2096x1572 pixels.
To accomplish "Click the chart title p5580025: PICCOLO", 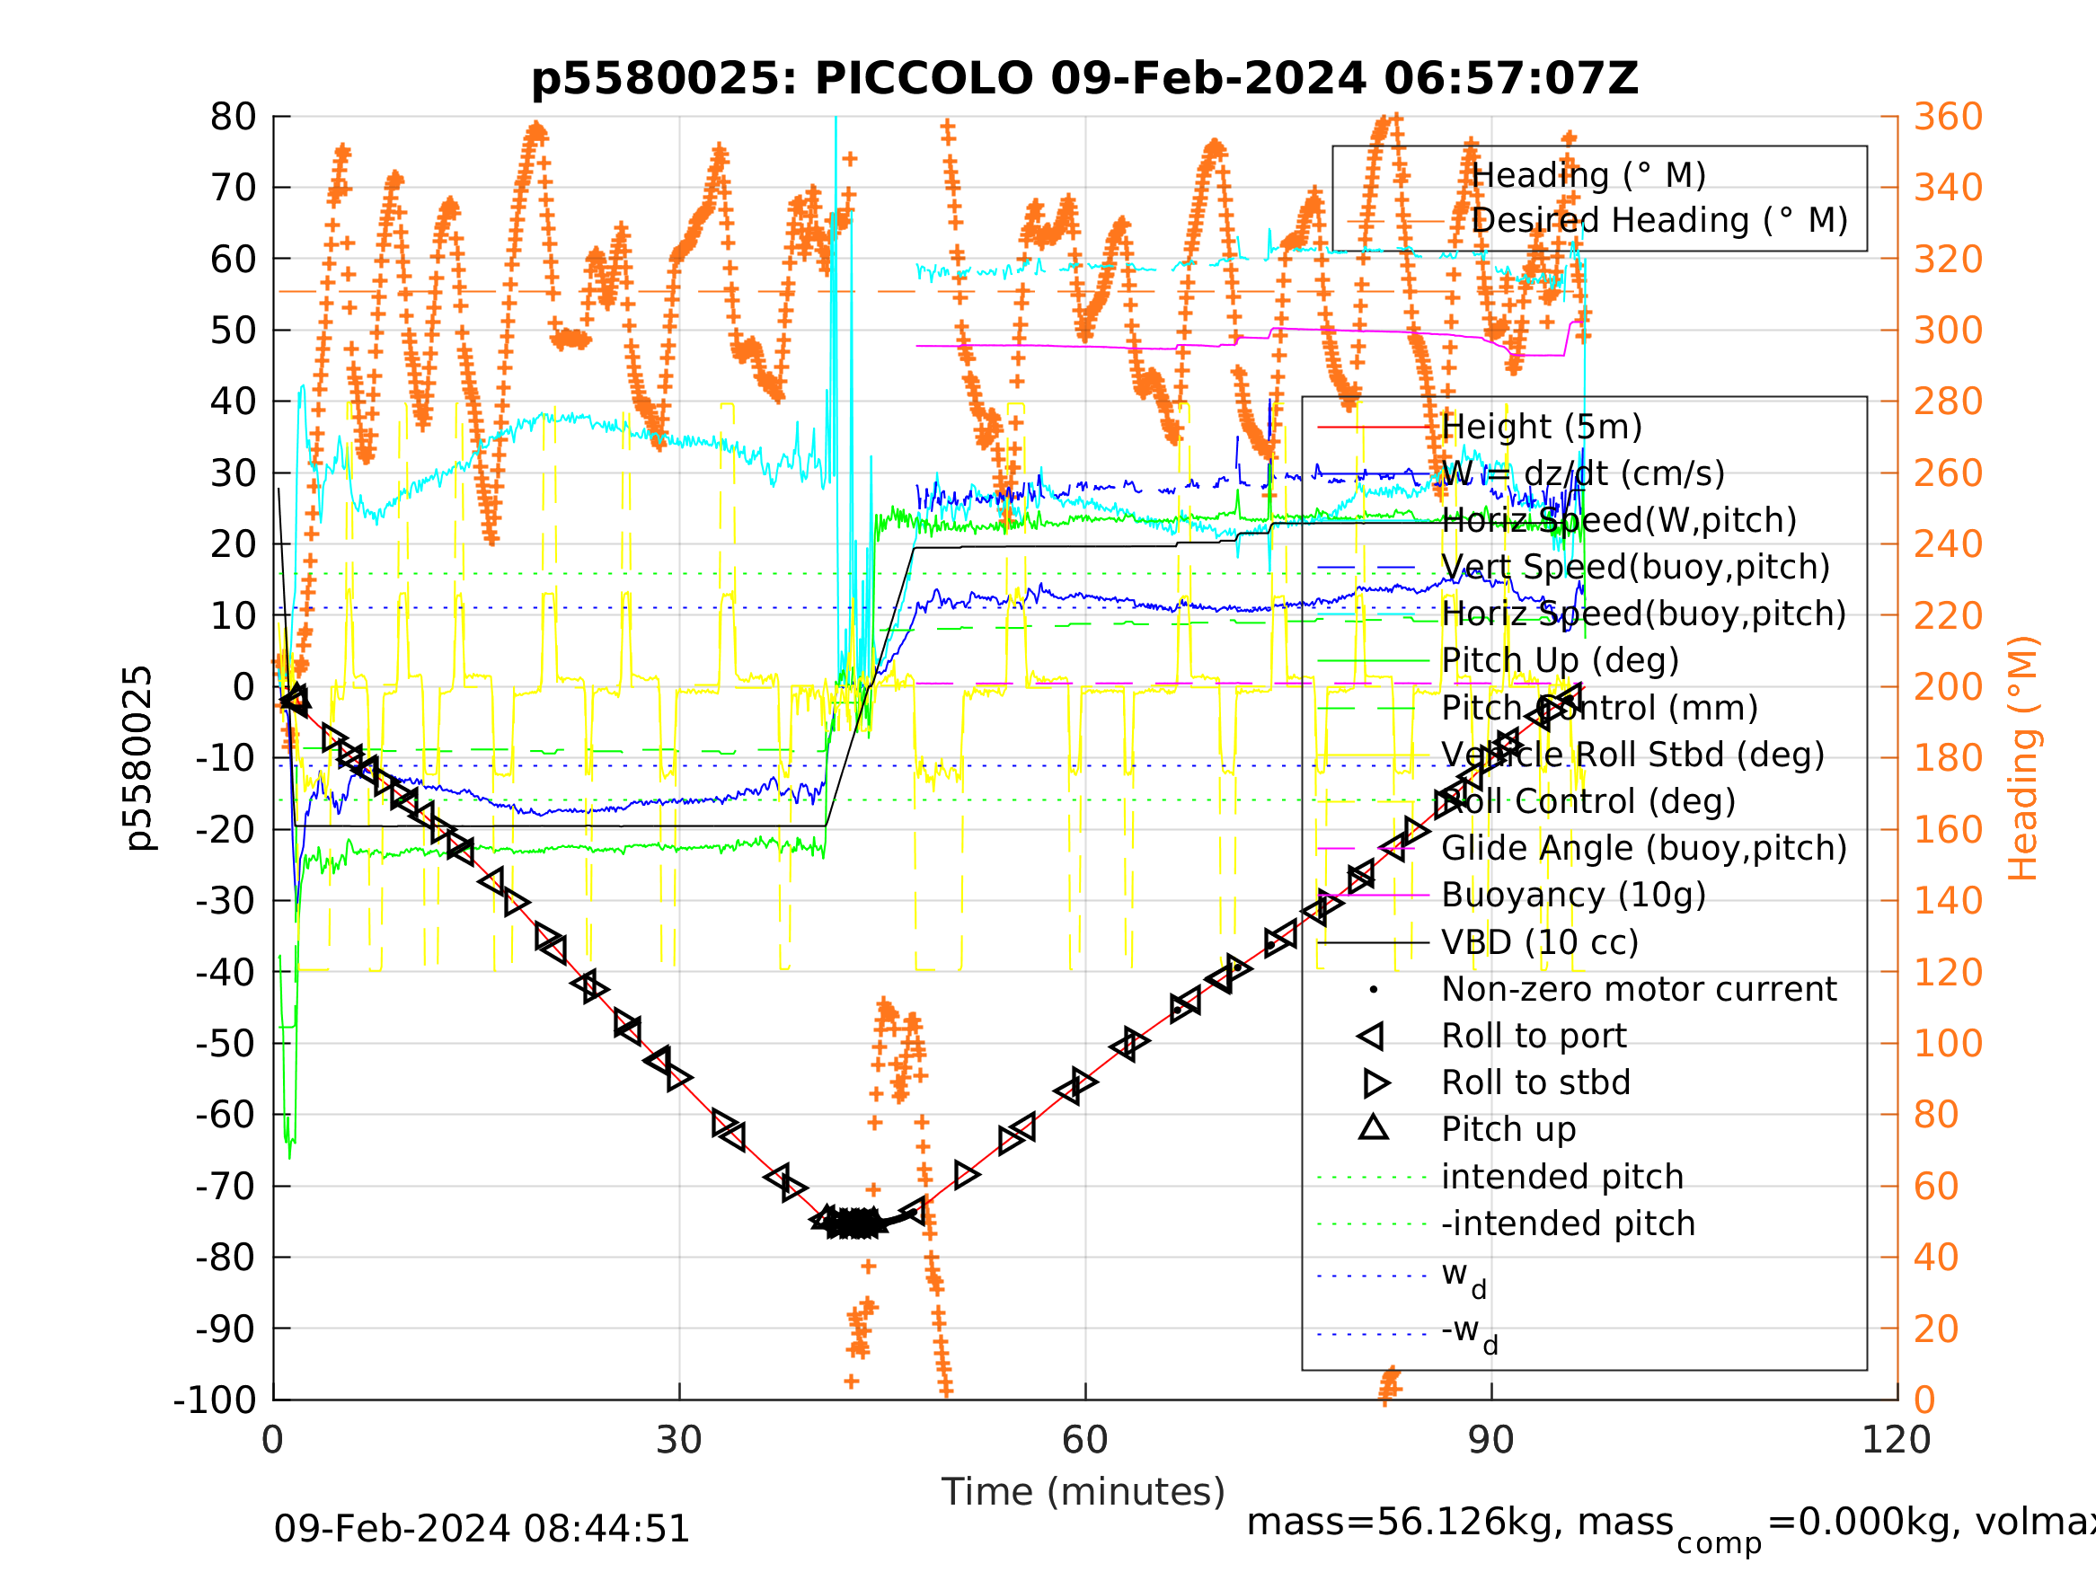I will pos(1084,79).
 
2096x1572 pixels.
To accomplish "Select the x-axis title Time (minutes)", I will pos(1083,1491).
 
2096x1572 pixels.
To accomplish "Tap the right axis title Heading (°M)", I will pos(2022,758).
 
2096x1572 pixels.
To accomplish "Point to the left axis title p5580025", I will pos(138,758).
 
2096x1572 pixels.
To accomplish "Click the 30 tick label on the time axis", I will pos(678,1440).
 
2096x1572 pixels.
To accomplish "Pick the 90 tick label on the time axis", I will pos(1490,1440).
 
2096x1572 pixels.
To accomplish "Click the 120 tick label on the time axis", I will pos(1896,1440).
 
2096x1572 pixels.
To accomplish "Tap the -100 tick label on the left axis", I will pos(215,1400).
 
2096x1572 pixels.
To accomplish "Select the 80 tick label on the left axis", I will pos(233,118).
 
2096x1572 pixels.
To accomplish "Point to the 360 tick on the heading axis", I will pos(1948,118).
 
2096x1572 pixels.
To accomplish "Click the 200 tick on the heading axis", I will pos(1948,687).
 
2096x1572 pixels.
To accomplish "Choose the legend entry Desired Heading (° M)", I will pos(1659,221).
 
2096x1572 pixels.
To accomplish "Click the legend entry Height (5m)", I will pos(1542,428).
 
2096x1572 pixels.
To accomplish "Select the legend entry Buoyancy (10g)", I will pos(1573,896).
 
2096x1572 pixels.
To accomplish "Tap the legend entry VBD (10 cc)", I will pos(1540,943).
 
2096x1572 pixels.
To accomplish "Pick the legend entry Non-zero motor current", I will pos(1639,989).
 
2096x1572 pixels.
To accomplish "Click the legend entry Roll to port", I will pos(1534,1037).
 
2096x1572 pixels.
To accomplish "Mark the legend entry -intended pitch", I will pos(1567,1224).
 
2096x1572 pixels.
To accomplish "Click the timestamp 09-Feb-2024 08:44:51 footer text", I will pos(482,1530).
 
